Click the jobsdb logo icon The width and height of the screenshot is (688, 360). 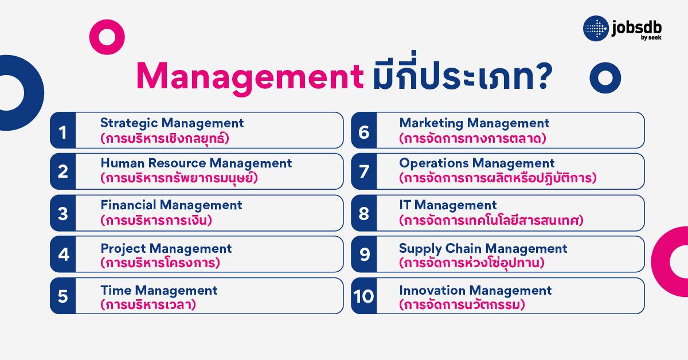(596, 29)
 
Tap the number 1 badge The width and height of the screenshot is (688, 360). (63, 131)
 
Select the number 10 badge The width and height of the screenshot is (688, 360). (363, 296)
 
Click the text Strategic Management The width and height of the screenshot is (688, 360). (172, 123)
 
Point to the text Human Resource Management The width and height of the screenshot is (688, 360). (196, 163)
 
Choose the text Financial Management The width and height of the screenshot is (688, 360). (171, 205)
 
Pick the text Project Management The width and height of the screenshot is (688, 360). (166, 249)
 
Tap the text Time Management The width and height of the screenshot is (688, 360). (159, 290)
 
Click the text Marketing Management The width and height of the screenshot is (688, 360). (474, 123)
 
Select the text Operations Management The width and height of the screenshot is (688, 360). (477, 163)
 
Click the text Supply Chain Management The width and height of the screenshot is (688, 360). (483, 249)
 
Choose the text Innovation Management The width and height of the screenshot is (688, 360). (475, 290)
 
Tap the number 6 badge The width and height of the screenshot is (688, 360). (363, 131)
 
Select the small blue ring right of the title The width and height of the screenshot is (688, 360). (605, 77)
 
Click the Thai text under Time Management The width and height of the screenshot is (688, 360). (148, 304)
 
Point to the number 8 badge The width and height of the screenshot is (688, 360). (363, 213)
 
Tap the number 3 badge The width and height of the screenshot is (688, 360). (63, 213)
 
